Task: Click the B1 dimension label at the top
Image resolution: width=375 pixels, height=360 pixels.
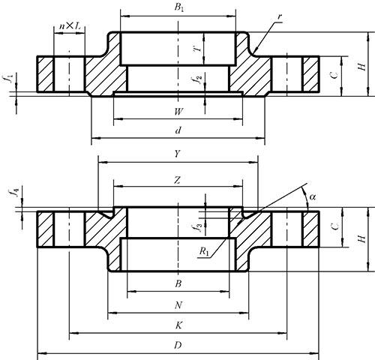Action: (178, 7)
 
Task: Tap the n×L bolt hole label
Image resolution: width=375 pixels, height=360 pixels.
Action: (70, 26)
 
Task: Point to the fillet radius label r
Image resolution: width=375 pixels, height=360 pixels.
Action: (280, 17)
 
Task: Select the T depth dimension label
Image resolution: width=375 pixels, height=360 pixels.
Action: (198, 49)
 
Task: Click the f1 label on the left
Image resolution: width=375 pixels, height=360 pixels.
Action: (10, 79)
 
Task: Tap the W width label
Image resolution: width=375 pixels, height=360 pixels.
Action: (178, 112)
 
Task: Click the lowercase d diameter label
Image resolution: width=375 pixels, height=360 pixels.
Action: (178, 130)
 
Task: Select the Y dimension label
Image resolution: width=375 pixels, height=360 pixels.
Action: (177, 154)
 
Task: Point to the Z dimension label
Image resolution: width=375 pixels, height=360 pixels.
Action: (177, 180)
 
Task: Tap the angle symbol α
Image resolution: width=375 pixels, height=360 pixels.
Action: (313, 197)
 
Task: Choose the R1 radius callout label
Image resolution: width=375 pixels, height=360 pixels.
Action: (204, 251)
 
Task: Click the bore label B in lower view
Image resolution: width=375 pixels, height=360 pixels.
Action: (178, 283)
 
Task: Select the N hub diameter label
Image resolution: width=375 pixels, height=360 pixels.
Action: (178, 305)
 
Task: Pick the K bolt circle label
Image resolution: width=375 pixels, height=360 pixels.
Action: (178, 325)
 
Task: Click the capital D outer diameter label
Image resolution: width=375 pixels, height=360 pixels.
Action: (178, 346)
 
